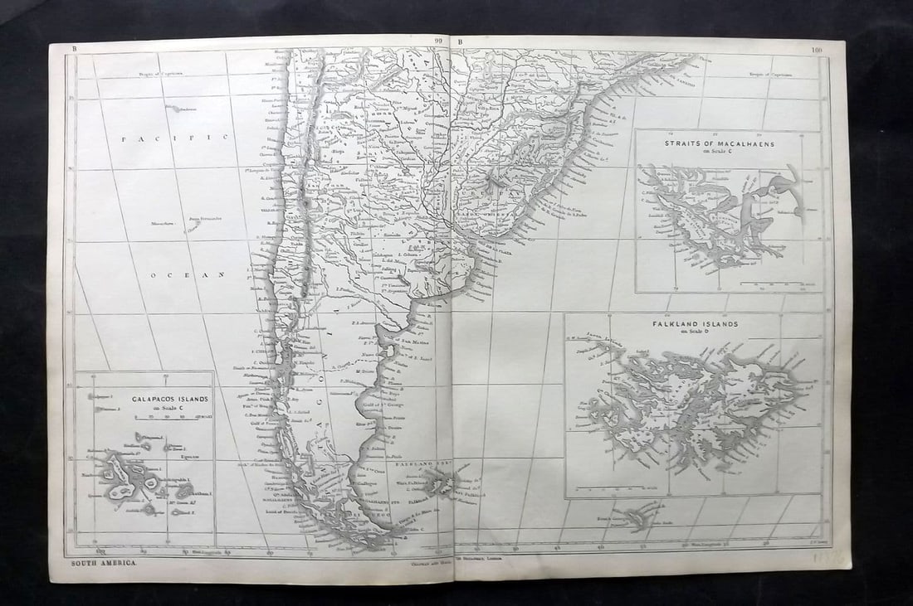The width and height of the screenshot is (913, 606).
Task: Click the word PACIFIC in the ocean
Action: (174, 139)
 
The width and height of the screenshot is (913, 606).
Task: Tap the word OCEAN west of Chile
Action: (188, 273)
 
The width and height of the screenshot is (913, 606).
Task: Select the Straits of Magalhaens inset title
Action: (719, 143)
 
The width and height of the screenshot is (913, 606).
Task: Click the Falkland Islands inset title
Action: (694, 325)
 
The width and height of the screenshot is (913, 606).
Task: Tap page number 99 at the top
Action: (437, 42)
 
